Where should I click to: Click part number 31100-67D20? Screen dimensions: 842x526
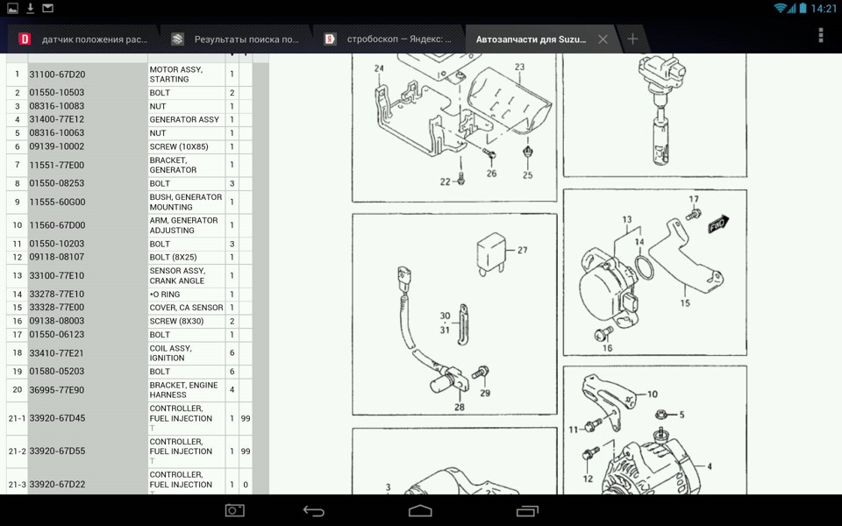click(57, 75)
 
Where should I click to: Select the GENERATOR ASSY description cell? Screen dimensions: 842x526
click(186, 119)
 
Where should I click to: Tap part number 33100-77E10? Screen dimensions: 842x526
click(57, 275)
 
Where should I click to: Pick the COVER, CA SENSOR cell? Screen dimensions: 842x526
click(186, 308)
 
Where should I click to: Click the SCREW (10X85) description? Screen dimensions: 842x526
click(179, 146)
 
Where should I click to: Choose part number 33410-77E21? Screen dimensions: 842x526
click(57, 352)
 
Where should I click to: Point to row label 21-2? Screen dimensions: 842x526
click(18, 451)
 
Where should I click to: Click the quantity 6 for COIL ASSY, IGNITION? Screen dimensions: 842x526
click(232, 352)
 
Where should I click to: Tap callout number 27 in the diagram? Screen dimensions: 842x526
click(523, 250)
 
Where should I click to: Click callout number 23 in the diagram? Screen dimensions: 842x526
click(519, 68)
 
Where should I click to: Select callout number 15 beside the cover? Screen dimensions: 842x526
click(685, 303)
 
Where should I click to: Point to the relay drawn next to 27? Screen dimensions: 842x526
click(491, 252)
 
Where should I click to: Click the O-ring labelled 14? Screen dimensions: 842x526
click(644, 267)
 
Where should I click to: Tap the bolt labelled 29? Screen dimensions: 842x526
click(481, 372)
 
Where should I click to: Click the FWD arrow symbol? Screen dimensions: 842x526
click(718, 224)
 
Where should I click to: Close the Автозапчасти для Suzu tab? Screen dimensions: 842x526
click(603, 39)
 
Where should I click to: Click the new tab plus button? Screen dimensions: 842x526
click(632, 39)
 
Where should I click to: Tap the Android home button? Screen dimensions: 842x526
click(420, 510)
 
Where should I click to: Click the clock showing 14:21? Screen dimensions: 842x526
click(824, 8)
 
